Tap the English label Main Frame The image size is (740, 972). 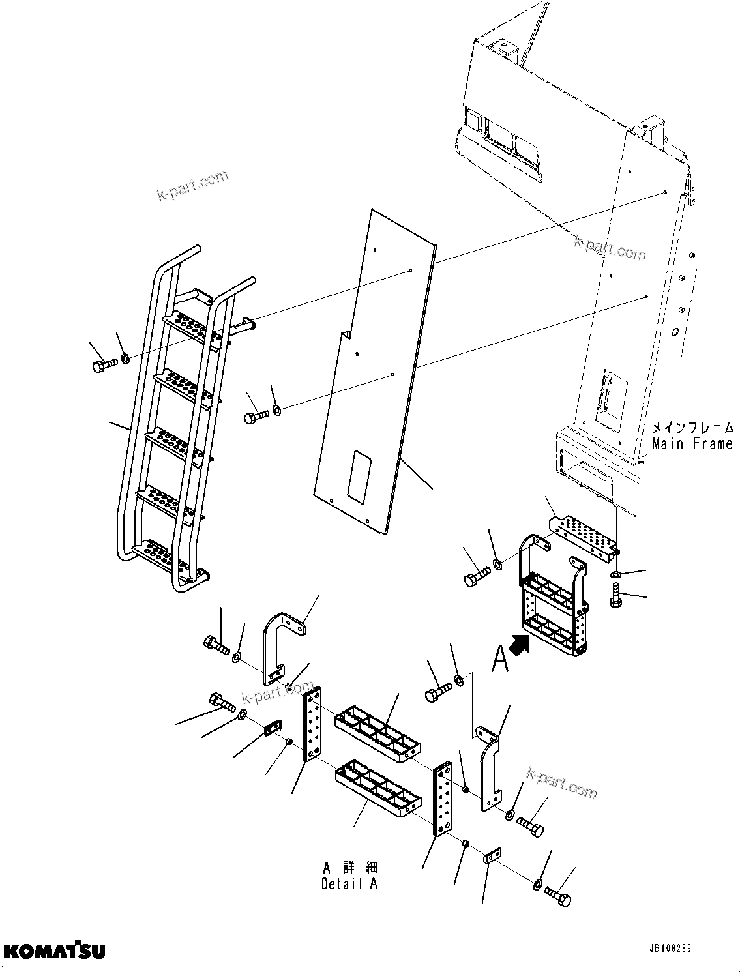(692, 444)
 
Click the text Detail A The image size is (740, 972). (349, 884)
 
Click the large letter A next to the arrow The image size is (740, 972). (500, 658)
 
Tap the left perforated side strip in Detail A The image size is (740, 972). (312, 724)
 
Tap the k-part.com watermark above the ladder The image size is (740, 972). (192, 185)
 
